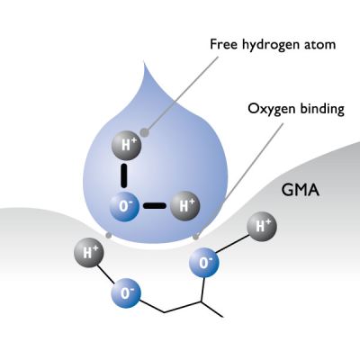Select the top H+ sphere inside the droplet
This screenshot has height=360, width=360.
[125, 144]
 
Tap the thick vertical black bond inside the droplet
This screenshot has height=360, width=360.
[125, 174]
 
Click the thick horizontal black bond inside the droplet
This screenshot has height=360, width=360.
[155, 205]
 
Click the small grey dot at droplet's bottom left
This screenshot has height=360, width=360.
[108, 236]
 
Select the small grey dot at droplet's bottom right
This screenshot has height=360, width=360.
[196, 236]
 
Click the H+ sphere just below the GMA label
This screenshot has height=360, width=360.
[262, 226]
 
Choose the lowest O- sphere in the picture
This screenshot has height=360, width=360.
[126, 293]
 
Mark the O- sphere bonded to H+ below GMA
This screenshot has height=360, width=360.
[204, 263]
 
